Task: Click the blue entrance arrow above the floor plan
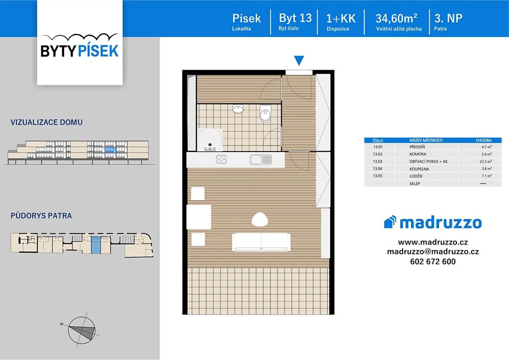pos(299,60)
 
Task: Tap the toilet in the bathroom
pos(265,113)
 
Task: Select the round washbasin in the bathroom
pos(238,109)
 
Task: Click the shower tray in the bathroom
pos(210,140)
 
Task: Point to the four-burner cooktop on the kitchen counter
pos(221,159)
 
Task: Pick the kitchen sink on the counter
pos(260,160)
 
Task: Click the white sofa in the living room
pos(261,242)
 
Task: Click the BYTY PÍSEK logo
pos(80,46)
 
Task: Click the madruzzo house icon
pos(390,222)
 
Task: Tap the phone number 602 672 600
pos(433,262)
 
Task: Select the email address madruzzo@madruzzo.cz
pos(433,252)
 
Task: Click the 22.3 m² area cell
pos(486,161)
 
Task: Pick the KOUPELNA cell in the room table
pos(419,169)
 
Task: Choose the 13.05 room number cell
pos(378,176)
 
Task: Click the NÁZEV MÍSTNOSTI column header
pos(426,140)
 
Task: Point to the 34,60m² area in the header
pos(396,18)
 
